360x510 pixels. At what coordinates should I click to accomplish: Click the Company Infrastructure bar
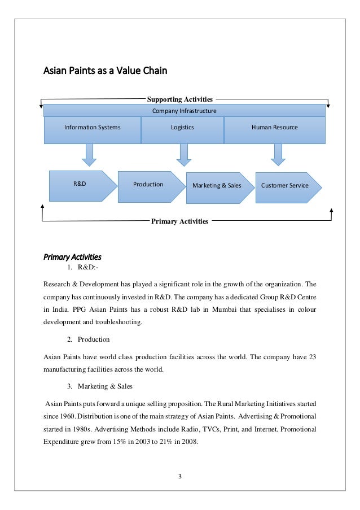tap(185, 111)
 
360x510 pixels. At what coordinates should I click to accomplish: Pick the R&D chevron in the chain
tap(80, 185)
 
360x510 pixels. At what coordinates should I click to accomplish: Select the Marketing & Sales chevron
tap(218, 186)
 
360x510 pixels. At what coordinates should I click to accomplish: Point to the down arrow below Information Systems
tap(89, 154)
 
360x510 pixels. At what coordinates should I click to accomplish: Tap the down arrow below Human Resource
tap(277, 154)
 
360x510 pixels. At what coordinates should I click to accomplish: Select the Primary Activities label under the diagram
tap(179, 221)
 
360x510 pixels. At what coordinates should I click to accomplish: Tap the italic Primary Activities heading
tap(73, 255)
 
